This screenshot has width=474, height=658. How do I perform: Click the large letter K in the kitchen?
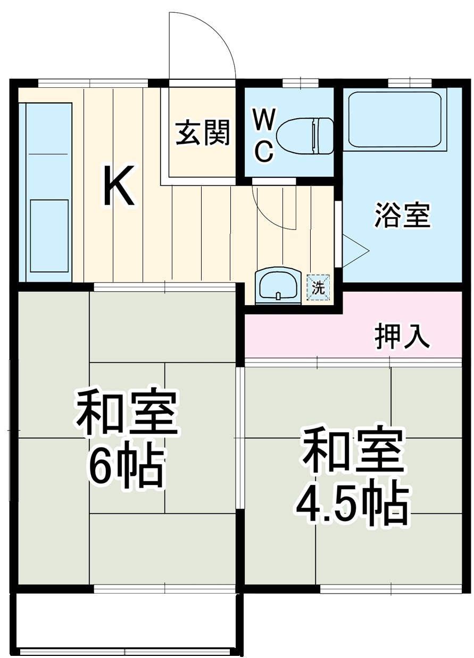click(118, 186)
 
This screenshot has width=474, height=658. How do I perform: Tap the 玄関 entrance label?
click(203, 133)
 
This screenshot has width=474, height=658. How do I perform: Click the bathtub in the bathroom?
click(394, 120)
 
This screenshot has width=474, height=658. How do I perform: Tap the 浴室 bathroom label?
click(402, 216)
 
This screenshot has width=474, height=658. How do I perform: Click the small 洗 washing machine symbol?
click(318, 288)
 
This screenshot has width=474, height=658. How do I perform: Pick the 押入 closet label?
click(402, 336)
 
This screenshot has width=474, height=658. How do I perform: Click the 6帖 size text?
click(125, 467)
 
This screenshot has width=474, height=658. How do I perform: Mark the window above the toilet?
click(300, 83)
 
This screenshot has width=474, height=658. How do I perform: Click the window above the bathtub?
click(409, 83)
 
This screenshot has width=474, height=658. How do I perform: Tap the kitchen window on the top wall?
click(93, 83)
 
